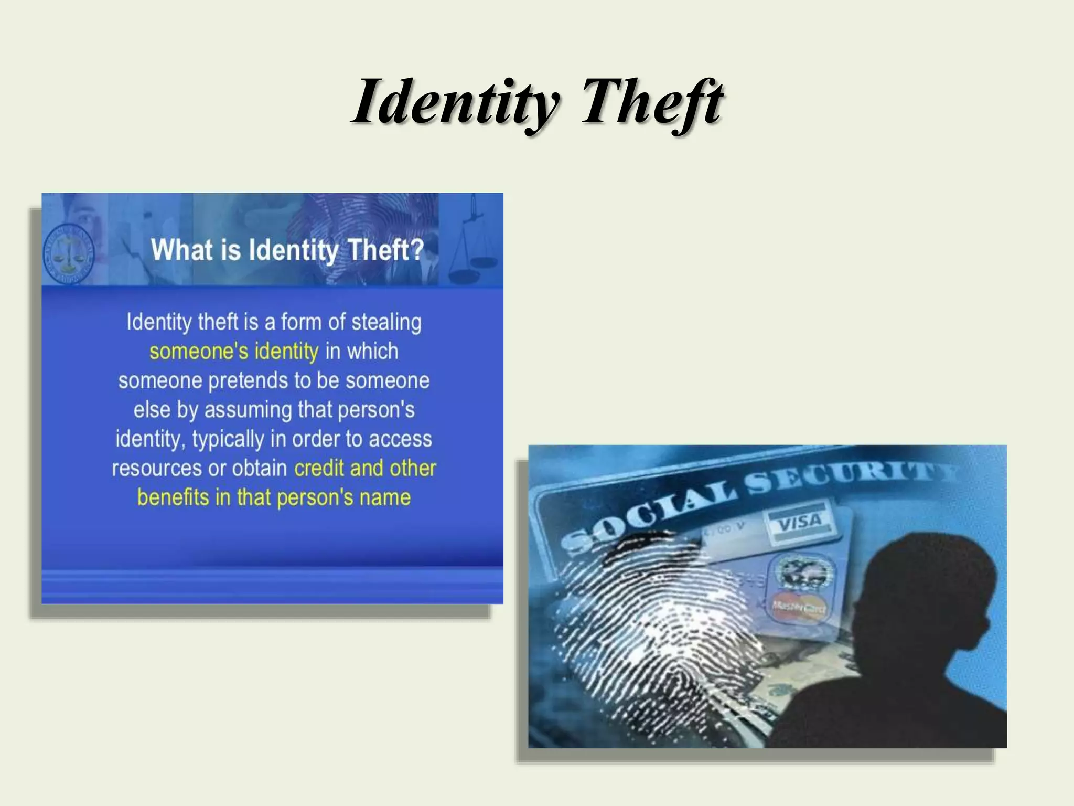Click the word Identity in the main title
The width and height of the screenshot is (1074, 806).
pos(456,102)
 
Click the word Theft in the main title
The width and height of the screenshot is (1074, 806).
pos(652,102)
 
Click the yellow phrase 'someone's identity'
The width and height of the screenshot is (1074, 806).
pos(234,351)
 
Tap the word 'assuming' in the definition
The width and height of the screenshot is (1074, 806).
pos(248,410)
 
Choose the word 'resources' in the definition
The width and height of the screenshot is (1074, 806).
pos(157,468)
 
